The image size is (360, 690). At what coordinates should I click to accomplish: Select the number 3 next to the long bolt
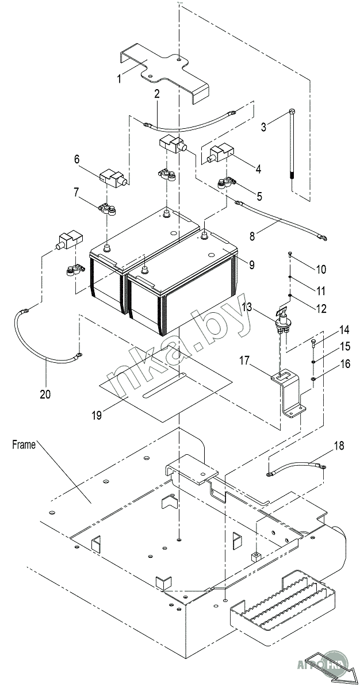tap(264, 127)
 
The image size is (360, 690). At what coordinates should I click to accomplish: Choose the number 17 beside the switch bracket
tap(244, 361)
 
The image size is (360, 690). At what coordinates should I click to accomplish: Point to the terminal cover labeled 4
tap(220, 154)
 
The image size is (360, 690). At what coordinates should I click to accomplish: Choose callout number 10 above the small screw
tap(320, 269)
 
